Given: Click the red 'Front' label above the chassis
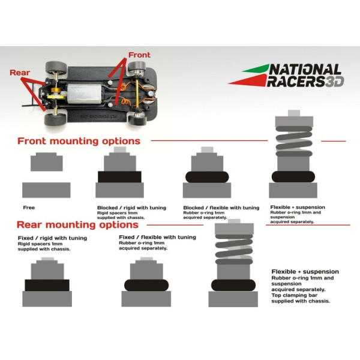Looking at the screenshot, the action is pos(139,55).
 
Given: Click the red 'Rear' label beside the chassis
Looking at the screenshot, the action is pos(20,73).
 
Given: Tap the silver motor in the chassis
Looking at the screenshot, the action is pos(84,94).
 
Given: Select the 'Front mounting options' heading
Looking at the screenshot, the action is pos(79,141).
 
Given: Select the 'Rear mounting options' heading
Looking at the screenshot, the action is pos(77,225).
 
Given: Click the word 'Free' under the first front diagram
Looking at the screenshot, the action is pos(29,208).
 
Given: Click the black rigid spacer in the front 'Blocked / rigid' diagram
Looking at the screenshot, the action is pos(119,177).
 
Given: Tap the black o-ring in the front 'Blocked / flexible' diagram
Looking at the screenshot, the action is pos(207,177).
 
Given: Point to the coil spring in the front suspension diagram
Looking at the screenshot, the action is pos(294,141).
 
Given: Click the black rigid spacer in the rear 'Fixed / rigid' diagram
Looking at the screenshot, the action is pos(47,285).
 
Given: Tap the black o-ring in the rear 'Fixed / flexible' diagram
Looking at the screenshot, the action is pos(146,286).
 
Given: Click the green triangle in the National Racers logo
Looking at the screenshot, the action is pos(257,68).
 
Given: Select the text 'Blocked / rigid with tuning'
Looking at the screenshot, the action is pos(131,208).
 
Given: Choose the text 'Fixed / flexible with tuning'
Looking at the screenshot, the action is pos(157,237).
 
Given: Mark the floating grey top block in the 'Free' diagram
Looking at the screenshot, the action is pos(47,162).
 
